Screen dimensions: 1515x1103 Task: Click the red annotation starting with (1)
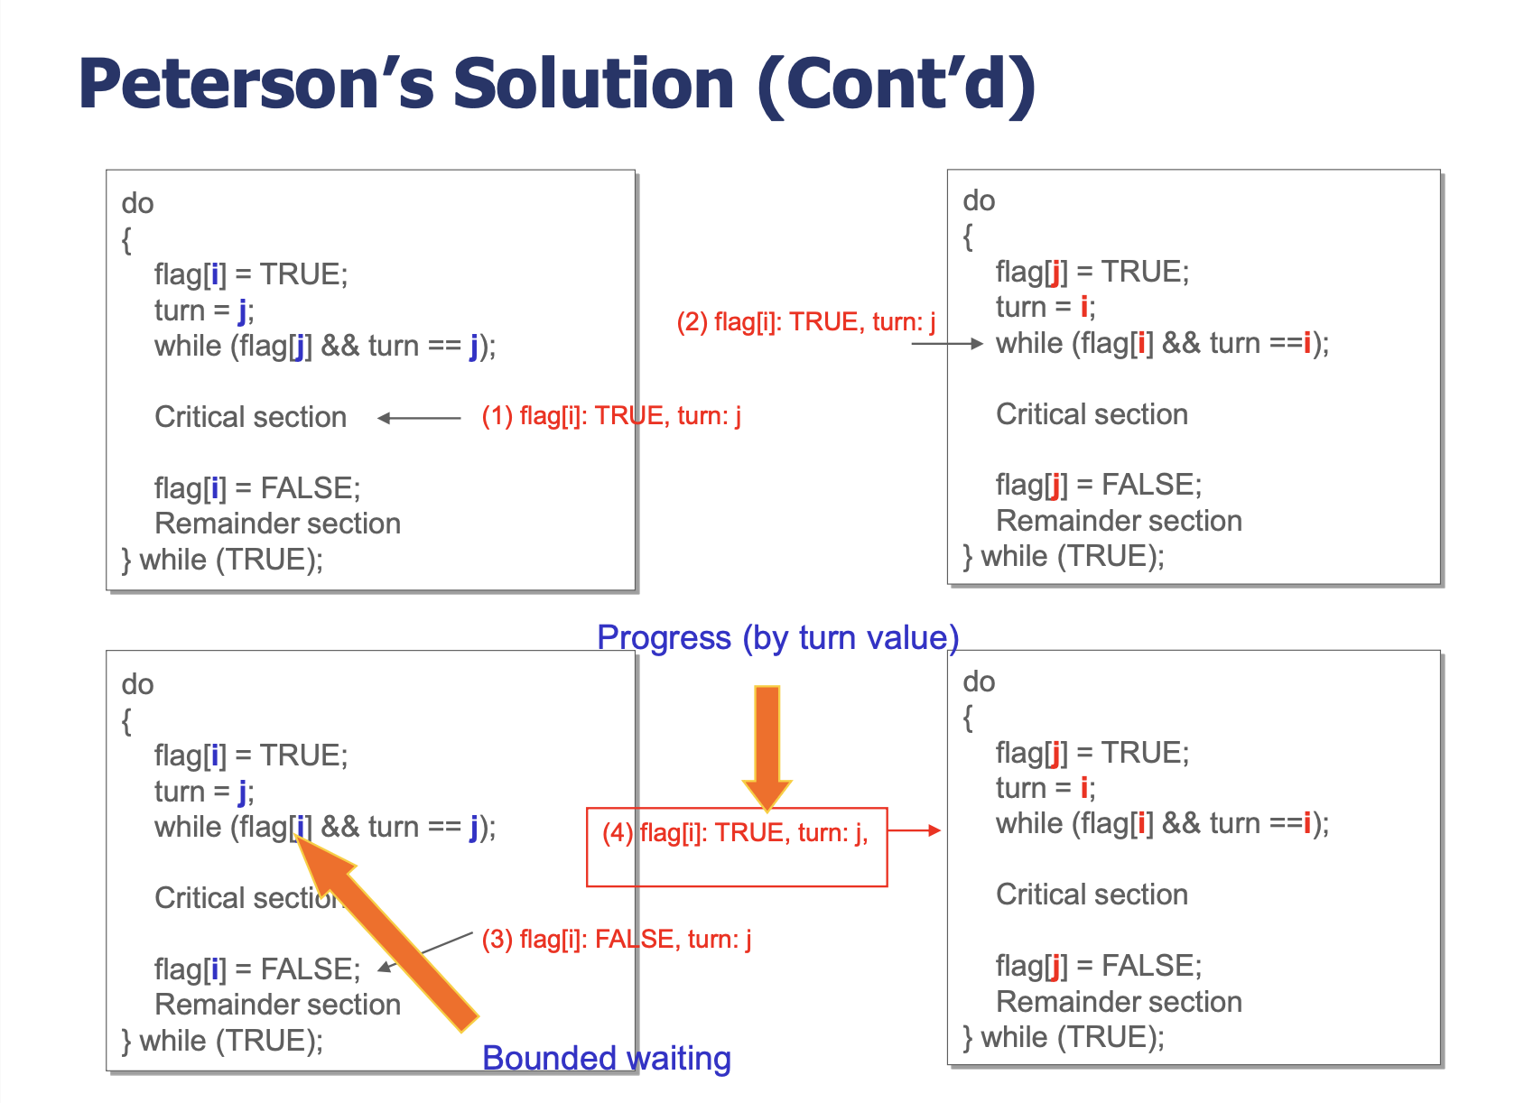click(611, 415)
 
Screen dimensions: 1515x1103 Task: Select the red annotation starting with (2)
click(806, 322)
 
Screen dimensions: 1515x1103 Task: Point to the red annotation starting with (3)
click(617, 940)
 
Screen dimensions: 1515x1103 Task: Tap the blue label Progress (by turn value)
click(777, 638)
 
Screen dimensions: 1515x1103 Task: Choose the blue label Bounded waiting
click(607, 1059)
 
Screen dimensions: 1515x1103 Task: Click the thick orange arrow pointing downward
click(767, 747)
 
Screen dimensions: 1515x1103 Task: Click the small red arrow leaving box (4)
click(915, 830)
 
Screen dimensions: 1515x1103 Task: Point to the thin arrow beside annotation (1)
click(419, 419)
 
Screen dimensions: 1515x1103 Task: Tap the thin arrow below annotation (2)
click(947, 344)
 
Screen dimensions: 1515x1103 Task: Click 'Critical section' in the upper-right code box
click(1092, 414)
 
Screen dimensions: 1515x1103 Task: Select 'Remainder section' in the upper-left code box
click(277, 524)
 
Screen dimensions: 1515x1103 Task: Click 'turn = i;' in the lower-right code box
click(1045, 788)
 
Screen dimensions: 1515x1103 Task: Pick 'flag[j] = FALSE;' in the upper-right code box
click(1099, 485)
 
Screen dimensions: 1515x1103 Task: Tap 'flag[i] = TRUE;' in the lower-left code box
click(251, 755)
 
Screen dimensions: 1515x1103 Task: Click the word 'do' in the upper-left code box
click(137, 203)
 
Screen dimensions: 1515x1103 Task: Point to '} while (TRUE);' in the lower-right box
click(1064, 1037)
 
